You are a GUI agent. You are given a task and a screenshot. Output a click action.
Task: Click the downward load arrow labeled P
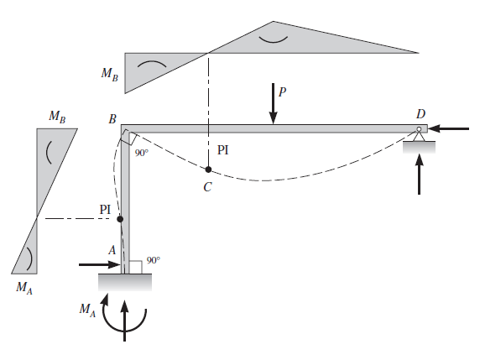click(x=273, y=103)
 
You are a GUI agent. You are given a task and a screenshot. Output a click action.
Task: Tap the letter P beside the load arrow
click(x=282, y=91)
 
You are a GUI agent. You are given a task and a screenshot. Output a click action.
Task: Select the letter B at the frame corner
click(x=112, y=119)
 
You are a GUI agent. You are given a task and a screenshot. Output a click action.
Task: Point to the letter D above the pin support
click(x=421, y=114)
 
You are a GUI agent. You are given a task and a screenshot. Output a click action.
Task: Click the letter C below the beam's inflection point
click(x=207, y=187)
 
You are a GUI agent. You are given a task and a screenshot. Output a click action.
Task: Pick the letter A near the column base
click(x=112, y=250)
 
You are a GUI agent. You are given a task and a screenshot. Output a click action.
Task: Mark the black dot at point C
click(x=208, y=170)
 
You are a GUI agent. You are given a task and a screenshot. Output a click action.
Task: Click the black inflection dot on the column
click(x=120, y=219)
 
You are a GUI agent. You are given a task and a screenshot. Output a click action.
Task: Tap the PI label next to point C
click(x=222, y=150)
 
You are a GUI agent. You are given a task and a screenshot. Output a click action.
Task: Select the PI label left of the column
click(x=105, y=210)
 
